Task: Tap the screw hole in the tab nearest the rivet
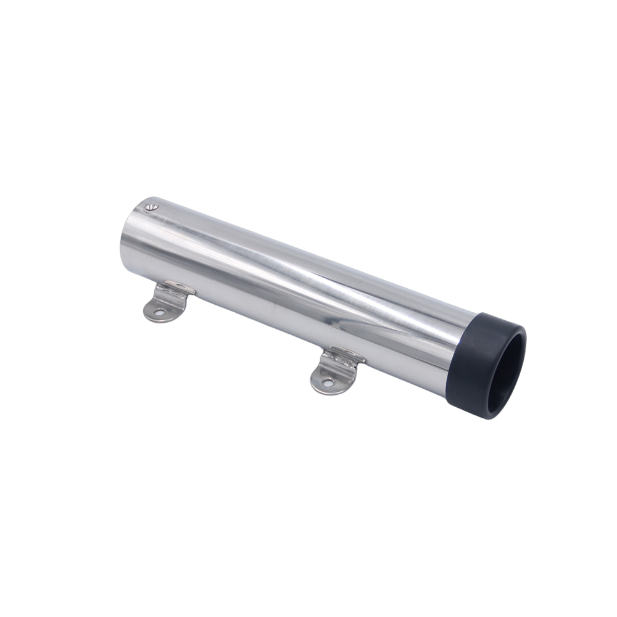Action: (159, 313)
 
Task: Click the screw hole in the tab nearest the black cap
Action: (327, 383)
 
